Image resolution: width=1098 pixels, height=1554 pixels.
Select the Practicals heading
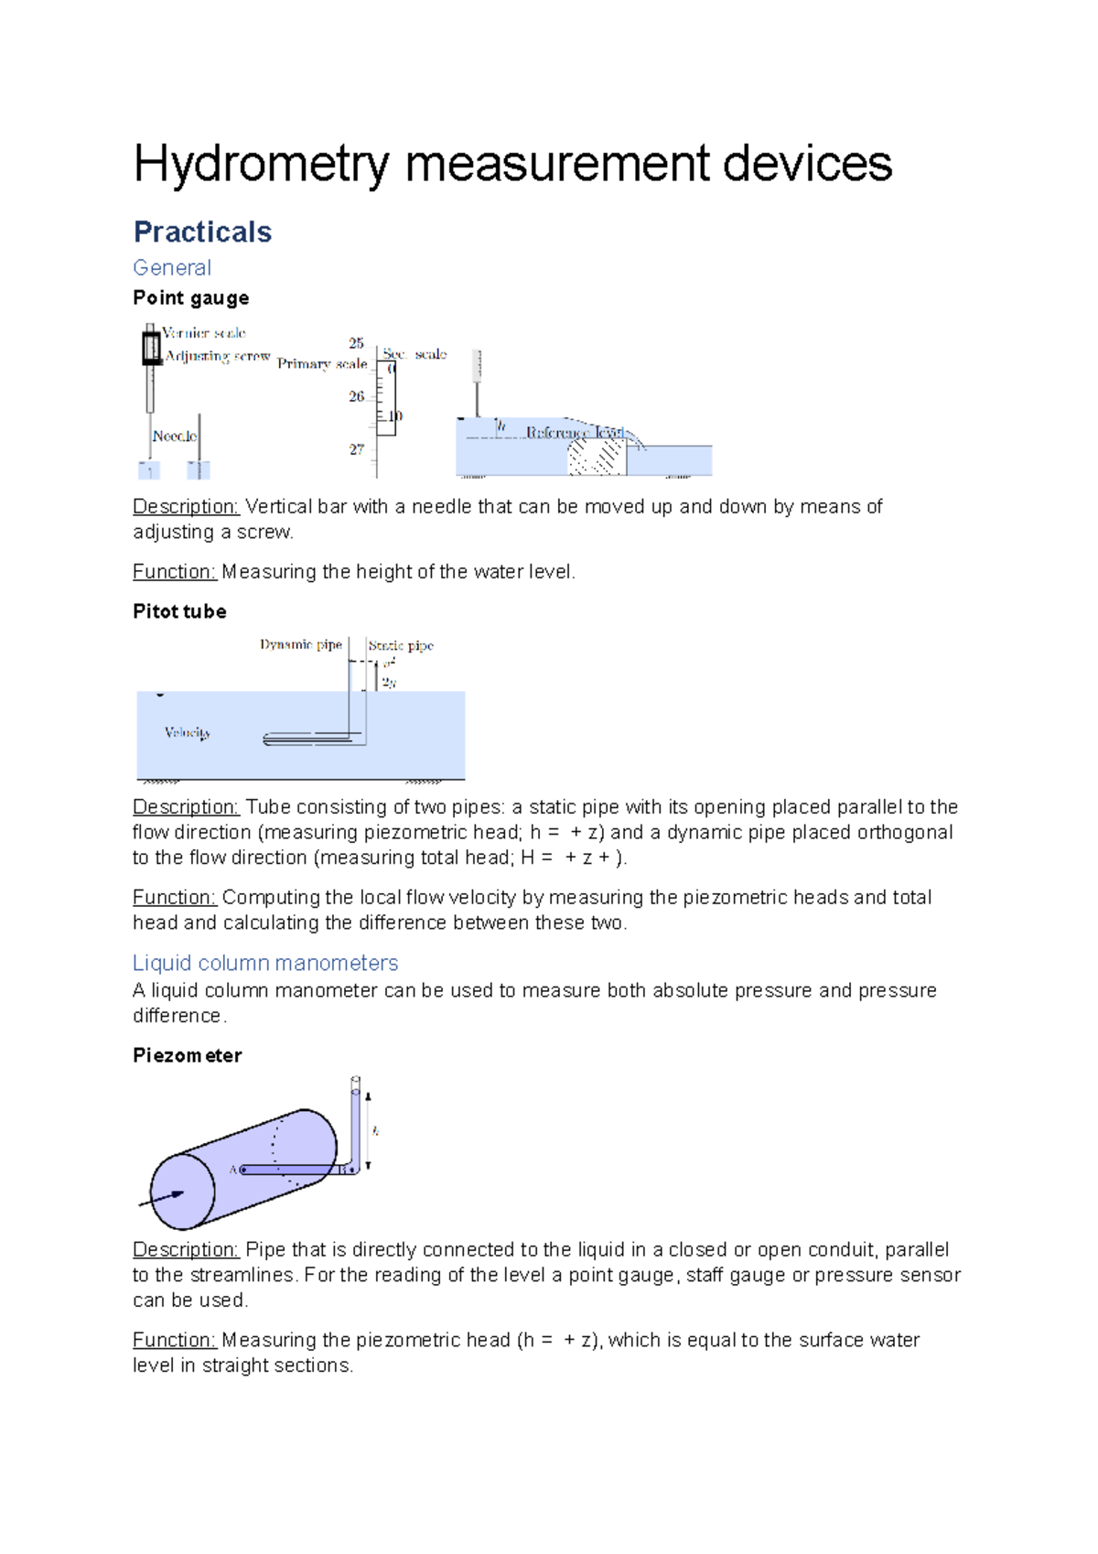[x=202, y=232]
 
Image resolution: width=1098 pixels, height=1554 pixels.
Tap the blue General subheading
[x=172, y=268]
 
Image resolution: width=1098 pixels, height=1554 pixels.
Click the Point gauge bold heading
[x=190, y=298]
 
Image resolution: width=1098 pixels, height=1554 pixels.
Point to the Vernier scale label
[x=204, y=333]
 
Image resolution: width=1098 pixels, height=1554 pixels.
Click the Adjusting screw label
[x=218, y=356]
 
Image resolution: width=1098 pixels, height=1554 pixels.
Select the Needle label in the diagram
[x=174, y=437]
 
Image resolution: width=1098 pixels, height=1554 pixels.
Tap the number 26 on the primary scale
[x=356, y=397]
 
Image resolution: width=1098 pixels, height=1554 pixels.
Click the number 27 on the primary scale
[x=356, y=449]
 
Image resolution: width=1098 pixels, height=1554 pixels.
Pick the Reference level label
[x=574, y=432]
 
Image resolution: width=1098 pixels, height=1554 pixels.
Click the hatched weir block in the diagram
[x=596, y=456]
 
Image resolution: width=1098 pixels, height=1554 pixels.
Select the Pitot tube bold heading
[x=179, y=611]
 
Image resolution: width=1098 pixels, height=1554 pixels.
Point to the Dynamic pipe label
[x=300, y=645]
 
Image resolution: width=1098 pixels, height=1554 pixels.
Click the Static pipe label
[x=401, y=646]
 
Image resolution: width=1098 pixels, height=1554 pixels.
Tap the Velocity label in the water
[x=188, y=732]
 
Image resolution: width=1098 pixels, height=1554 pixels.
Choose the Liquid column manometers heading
[x=265, y=963]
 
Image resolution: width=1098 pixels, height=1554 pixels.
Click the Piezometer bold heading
[x=188, y=1055]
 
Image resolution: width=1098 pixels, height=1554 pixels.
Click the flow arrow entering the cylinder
[x=162, y=1198]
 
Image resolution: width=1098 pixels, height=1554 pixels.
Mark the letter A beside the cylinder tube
[x=233, y=1170]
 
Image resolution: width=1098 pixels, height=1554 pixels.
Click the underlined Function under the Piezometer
[x=174, y=1340]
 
